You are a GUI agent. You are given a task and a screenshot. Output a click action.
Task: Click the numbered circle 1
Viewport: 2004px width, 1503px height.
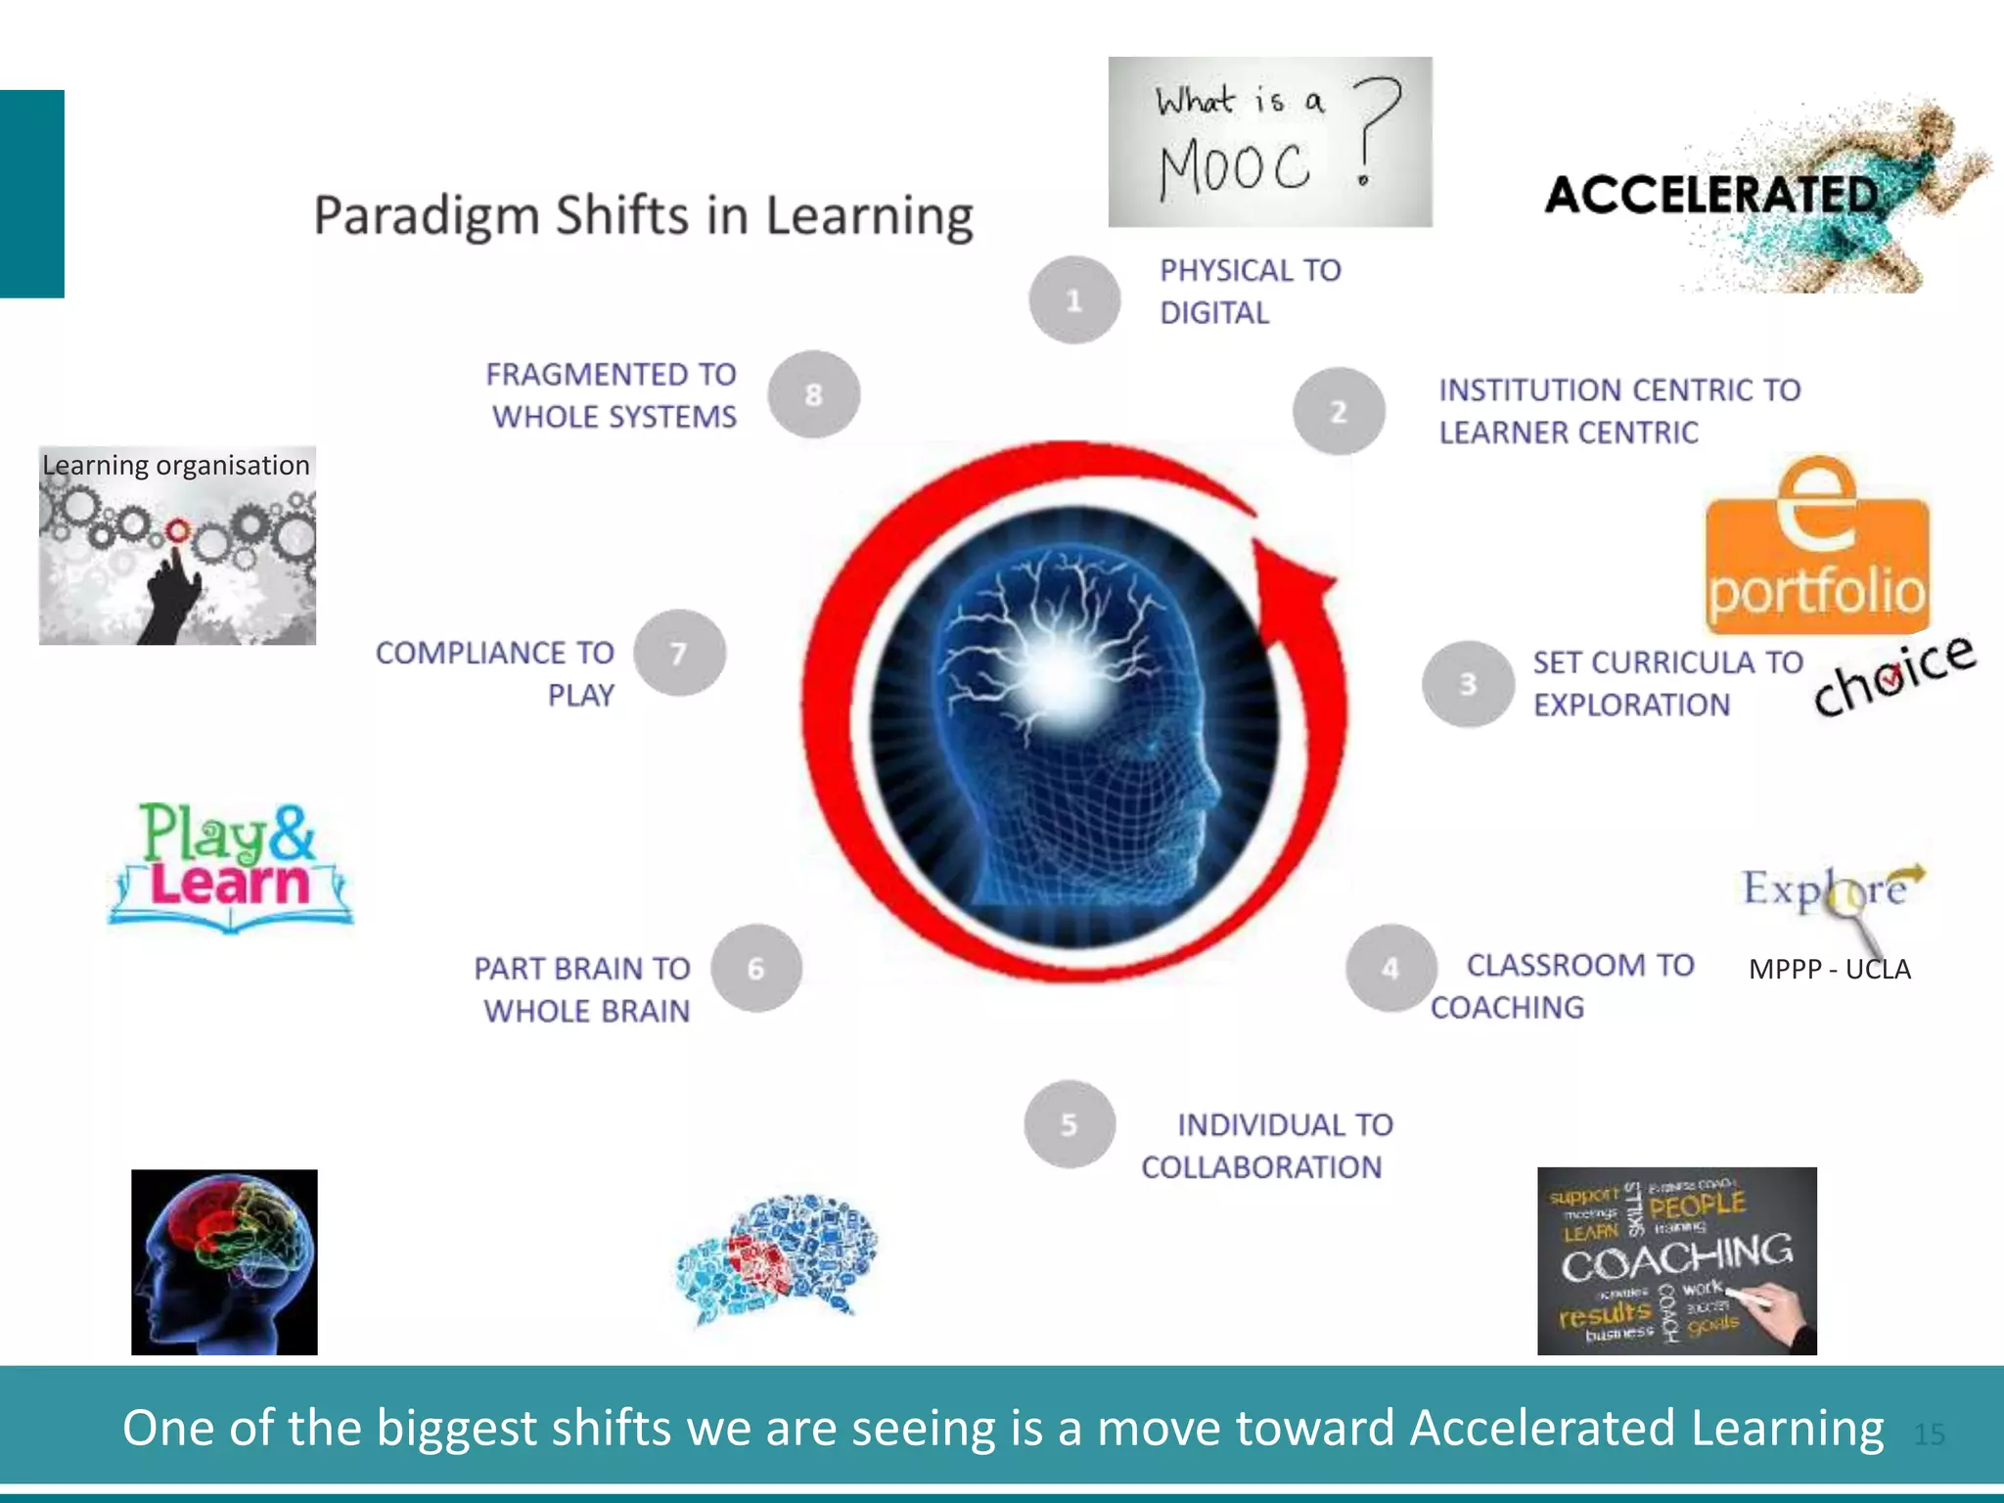click(1074, 300)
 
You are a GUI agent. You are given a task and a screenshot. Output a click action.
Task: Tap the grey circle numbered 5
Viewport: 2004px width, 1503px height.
click(1070, 1124)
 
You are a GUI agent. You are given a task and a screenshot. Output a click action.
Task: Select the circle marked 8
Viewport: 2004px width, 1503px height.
click(813, 394)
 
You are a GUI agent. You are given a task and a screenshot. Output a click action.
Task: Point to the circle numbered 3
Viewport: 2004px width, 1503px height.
click(1468, 684)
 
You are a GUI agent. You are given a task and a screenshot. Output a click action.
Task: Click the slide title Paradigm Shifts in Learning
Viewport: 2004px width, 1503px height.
click(643, 216)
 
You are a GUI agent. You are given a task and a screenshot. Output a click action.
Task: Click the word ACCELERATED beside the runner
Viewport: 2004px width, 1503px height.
click(1710, 195)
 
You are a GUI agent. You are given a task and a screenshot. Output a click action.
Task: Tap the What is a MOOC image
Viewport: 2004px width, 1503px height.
click(1269, 142)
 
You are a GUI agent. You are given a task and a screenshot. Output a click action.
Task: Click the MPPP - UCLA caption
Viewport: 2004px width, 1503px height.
click(1829, 969)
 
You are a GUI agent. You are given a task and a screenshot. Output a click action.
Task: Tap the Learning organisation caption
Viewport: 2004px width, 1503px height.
click(176, 465)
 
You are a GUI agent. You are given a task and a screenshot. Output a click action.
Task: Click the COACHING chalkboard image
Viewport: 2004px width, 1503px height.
click(1676, 1260)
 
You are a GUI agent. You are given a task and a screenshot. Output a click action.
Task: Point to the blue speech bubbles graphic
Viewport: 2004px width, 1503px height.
click(778, 1256)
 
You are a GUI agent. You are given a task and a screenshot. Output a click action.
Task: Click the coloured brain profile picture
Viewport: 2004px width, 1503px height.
click(224, 1261)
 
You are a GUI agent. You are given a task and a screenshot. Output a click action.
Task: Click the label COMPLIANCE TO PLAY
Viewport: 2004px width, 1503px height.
click(495, 673)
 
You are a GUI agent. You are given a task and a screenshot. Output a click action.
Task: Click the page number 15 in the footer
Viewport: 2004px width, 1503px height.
click(1928, 1434)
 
